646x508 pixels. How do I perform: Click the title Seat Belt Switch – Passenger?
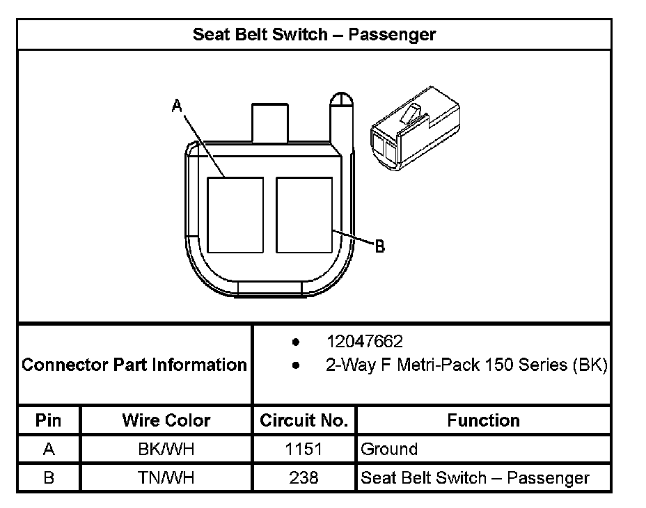pos(314,34)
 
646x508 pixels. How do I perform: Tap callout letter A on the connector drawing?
pos(177,106)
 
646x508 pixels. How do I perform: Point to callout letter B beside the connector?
pos(379,246)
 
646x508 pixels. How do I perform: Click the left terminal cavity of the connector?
pos(236,214)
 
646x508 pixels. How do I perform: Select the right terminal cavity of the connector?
pos(304,214)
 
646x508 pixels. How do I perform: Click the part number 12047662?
pos(365,342)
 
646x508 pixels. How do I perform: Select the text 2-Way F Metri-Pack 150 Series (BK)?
pos(466,364)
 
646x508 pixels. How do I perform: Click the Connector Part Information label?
pos(134,364)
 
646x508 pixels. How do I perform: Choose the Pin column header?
pos(48,420)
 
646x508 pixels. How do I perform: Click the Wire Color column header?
pos(166,420)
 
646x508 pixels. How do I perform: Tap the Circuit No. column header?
pos(304,420)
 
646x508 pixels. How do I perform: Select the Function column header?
pos(483,420)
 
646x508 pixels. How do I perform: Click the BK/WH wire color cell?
pos(166,450)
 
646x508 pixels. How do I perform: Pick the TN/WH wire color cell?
pos(166,478)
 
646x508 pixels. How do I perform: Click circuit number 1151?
pos(304,450)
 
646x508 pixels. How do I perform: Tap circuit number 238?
pos(304,478)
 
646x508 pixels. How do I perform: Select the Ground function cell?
pos(389,450)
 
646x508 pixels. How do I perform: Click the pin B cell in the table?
pos(48,478)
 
